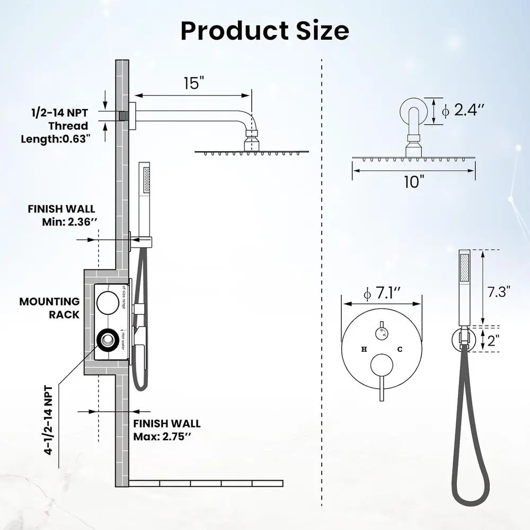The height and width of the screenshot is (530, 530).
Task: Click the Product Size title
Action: coord(264,31)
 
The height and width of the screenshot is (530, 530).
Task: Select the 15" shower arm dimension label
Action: coord(193,83)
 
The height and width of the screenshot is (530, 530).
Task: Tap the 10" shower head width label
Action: coord(414,181)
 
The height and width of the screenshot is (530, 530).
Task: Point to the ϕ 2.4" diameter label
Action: coord(463,110)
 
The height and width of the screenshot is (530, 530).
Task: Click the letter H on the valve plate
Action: coord(364,349)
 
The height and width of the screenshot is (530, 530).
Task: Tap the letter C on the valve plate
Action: coord(400,349)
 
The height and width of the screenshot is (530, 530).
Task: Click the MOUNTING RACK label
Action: coord(49,308)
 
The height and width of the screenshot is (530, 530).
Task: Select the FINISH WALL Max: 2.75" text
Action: coord(166,430)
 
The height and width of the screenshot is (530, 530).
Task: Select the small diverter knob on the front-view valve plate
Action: coord(381,333)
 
